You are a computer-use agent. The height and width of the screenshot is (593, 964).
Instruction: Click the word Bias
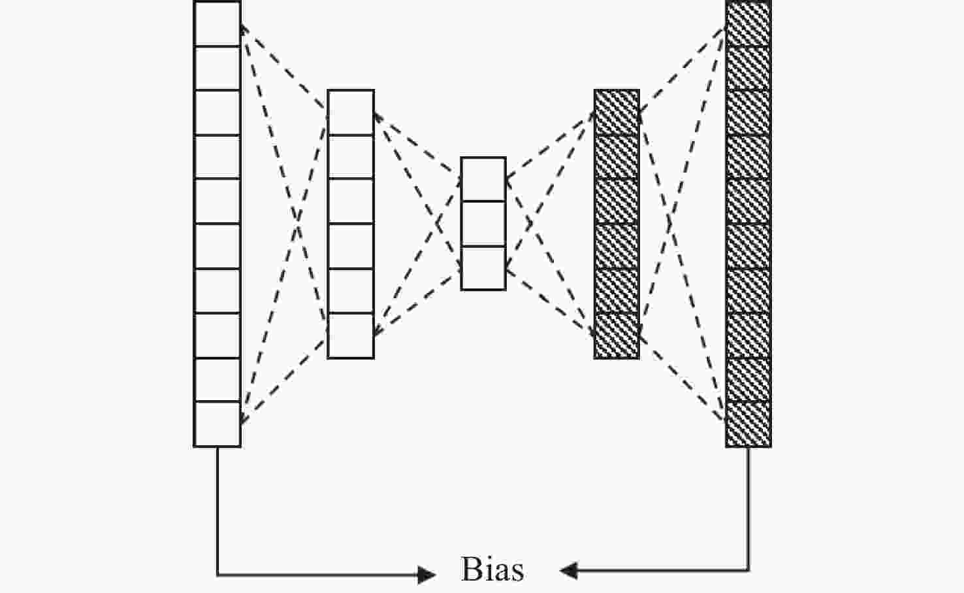tap(492, 570)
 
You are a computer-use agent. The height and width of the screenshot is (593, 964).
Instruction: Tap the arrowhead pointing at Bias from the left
tap(428, 575)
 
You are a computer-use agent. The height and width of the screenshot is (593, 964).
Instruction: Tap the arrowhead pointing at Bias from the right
tap(568, 571)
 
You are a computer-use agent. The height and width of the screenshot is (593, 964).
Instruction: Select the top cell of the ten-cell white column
tap(217, 24)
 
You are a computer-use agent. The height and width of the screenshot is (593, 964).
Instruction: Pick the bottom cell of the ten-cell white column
tap(217, 424)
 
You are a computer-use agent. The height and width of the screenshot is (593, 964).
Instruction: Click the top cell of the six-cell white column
tap(351, 112)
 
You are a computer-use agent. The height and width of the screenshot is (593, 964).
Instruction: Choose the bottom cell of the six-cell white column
tap(351, 335)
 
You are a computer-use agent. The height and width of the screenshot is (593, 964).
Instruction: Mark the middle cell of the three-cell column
tap(483, 224)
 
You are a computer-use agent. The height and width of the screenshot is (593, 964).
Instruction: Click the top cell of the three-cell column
tap(483, 180)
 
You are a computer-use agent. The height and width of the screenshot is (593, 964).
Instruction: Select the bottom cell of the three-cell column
tap(483, 268)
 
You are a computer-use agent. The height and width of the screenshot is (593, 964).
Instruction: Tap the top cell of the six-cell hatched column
tap(617, 112)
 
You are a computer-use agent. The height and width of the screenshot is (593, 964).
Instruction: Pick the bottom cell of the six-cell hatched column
tap(617, 335)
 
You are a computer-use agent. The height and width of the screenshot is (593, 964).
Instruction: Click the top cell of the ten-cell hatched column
tap(748, 24)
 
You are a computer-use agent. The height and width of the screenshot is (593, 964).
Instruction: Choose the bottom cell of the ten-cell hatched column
tap(748, 424)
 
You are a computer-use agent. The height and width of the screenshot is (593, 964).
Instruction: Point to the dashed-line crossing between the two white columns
tap(298, 224)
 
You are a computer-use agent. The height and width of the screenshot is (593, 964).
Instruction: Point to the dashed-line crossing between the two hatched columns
tap(669, 224)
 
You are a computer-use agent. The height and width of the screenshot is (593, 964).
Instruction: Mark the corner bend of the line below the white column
tap(217, 575)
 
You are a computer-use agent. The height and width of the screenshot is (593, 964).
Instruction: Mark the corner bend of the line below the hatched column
tap(748, 571)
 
